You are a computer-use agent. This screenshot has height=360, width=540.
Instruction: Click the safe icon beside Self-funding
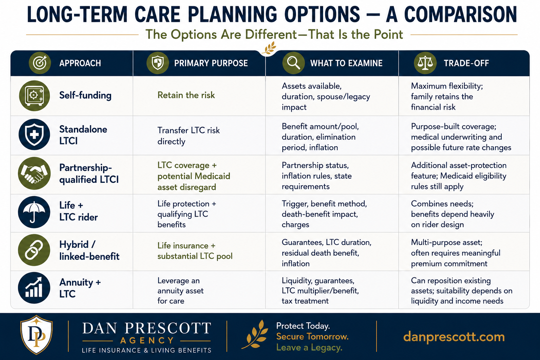pos(34,96)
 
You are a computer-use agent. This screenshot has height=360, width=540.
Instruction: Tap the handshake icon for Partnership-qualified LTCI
pos(34,173)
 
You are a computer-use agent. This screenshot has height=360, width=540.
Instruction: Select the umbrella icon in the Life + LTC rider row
pos(34,212)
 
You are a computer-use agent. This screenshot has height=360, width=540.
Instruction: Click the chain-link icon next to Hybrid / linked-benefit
pos(34,250)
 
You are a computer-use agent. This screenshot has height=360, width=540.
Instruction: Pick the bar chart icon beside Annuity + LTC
pos(34,288)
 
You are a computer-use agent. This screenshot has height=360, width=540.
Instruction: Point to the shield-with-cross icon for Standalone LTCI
pos(34,134)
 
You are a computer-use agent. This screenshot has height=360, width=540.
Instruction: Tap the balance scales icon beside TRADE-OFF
pos(425,63)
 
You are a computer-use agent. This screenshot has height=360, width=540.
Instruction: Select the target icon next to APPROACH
pos(40,63)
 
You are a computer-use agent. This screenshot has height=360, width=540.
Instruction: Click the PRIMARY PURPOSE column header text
pos(211,63)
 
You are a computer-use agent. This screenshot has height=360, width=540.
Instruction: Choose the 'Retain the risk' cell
pos(186,95)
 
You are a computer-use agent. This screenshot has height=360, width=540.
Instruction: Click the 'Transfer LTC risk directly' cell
pos(188,136)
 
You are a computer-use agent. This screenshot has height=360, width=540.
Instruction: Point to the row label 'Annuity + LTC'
pos(80,288)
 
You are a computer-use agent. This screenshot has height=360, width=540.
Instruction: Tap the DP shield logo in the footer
pos(37,335)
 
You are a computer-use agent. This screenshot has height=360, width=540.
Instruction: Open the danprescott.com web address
pos(454,336)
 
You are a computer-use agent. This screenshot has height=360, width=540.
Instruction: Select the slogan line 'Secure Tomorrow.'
pos(313,336)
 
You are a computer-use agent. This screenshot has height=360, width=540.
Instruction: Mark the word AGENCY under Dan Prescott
pos(147,340)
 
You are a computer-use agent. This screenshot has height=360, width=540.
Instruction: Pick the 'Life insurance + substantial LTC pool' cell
pos(195,251)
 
